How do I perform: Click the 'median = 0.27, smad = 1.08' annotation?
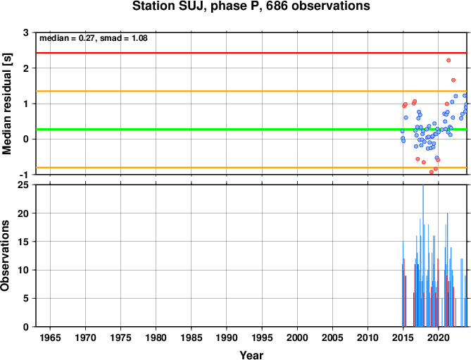[94, 38]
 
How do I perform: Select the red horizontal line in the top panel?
[251, 53]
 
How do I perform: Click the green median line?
[251, 129]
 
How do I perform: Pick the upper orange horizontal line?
[251, 91]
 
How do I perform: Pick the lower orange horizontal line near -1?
[251, 168]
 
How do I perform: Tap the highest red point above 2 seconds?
[448, 61]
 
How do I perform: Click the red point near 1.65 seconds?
[453, 80]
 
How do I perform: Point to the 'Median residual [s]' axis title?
[7, 104]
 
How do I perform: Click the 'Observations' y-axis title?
[5, 256]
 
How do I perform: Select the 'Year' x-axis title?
[251, 355]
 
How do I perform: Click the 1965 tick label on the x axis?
[50, 337]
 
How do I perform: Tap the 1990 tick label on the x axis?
[227, 337]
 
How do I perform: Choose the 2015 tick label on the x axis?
[403, 337]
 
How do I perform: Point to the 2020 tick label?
[438, 337]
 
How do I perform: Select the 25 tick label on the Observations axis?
[23, 185]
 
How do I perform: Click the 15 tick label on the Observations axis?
[23, 242]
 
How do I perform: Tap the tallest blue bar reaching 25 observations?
[423, 256]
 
